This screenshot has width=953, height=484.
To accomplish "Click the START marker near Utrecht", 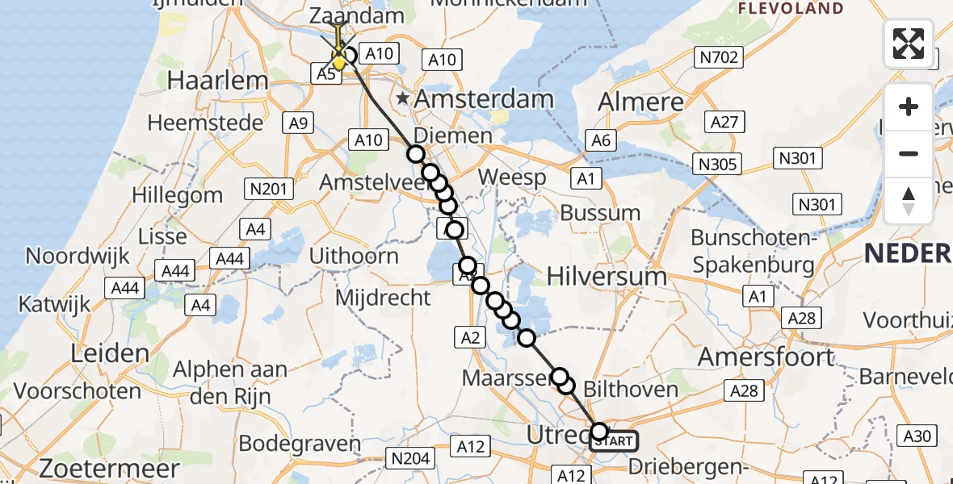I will pyautogui.click(x=615, y=440).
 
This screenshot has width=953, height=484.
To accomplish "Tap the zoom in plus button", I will pyautogui.click(x=909, y=106).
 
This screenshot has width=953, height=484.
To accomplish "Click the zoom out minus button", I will pyautogui.click(x=909, y=153).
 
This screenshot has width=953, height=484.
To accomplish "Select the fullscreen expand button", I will pyautogui.click(x=909, y=44).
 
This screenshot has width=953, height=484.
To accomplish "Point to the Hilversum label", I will pyautogui.click(x=607, y=276).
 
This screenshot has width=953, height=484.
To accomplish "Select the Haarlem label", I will pyautogui.click(x=216, y=80).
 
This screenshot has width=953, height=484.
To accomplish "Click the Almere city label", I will pyautogui.click(x=640, y=102).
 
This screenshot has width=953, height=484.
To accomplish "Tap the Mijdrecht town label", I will pyautogui.click(x=383, y=298).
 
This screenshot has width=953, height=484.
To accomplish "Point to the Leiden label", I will pyautogui.click(x=110, y=353).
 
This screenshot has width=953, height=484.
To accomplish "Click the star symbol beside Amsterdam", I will pyautogui.click(x=402, y=99).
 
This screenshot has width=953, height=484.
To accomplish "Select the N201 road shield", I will pyautogui.click(x=268, y=190).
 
